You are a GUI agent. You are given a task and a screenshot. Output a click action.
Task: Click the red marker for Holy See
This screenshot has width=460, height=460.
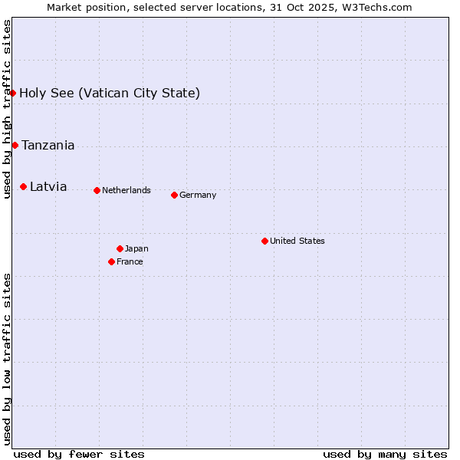coord(13,93)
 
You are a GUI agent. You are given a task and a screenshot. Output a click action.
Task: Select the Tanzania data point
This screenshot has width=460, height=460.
coord(15,145)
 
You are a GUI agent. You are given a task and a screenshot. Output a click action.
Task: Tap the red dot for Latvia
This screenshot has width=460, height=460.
coord(24,186)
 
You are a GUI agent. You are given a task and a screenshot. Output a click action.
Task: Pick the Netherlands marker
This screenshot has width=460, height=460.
coord(97,190)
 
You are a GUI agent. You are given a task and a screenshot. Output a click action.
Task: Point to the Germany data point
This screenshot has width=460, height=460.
coord(174,195)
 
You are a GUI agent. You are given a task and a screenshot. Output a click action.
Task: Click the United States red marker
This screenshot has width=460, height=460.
coord(264,241)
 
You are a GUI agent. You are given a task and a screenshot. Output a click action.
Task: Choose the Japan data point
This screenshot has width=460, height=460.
coord(120,248)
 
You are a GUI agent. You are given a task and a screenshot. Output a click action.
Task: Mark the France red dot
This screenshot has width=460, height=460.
coord(112,261)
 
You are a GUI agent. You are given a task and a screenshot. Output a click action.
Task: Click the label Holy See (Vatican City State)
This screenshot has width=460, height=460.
coord(110,94)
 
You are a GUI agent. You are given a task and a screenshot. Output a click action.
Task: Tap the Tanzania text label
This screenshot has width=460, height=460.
coord(48,146)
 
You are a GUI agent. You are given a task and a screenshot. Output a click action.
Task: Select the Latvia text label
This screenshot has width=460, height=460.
coord(48,187)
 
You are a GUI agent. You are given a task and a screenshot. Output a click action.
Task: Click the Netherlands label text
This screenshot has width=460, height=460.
coord(127,191)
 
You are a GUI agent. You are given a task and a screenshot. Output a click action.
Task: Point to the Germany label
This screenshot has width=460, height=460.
coord(198,195)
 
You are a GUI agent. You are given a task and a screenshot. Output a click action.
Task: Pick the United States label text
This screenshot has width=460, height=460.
coord(297,242)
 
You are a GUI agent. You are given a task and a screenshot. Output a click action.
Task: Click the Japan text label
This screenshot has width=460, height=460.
coord(136,249)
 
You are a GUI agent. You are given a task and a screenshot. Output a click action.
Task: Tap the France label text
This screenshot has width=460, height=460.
coord(130,262)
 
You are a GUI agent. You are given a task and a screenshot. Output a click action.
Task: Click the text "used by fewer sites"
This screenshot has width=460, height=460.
coord(79,454)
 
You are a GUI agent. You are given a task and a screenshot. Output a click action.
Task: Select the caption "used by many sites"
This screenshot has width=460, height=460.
coord(385,454)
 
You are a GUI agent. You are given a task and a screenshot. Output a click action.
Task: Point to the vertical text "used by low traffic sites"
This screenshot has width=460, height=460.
coord(8,358)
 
